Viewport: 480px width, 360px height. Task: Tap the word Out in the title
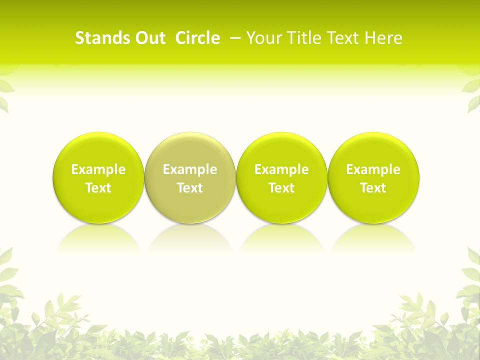tap(149, 38)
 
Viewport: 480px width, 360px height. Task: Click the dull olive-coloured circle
tap(190, 150)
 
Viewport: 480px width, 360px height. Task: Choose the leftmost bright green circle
tap(98, 150)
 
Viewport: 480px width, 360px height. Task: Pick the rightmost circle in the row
tap(373, 150)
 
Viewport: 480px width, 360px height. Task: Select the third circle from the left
tap(281, 150)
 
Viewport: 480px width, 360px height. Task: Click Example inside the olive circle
tap(190, 169)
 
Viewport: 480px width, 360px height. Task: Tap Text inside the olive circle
tap(190, 188)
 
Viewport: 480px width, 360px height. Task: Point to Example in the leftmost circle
tap(98, 169)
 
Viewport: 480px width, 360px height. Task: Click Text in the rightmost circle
tap(373, 188)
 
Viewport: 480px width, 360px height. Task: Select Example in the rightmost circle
tap(373, 169)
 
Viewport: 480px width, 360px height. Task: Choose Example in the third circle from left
tap(281, 169)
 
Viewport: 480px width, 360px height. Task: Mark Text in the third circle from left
tap(281, 188)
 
